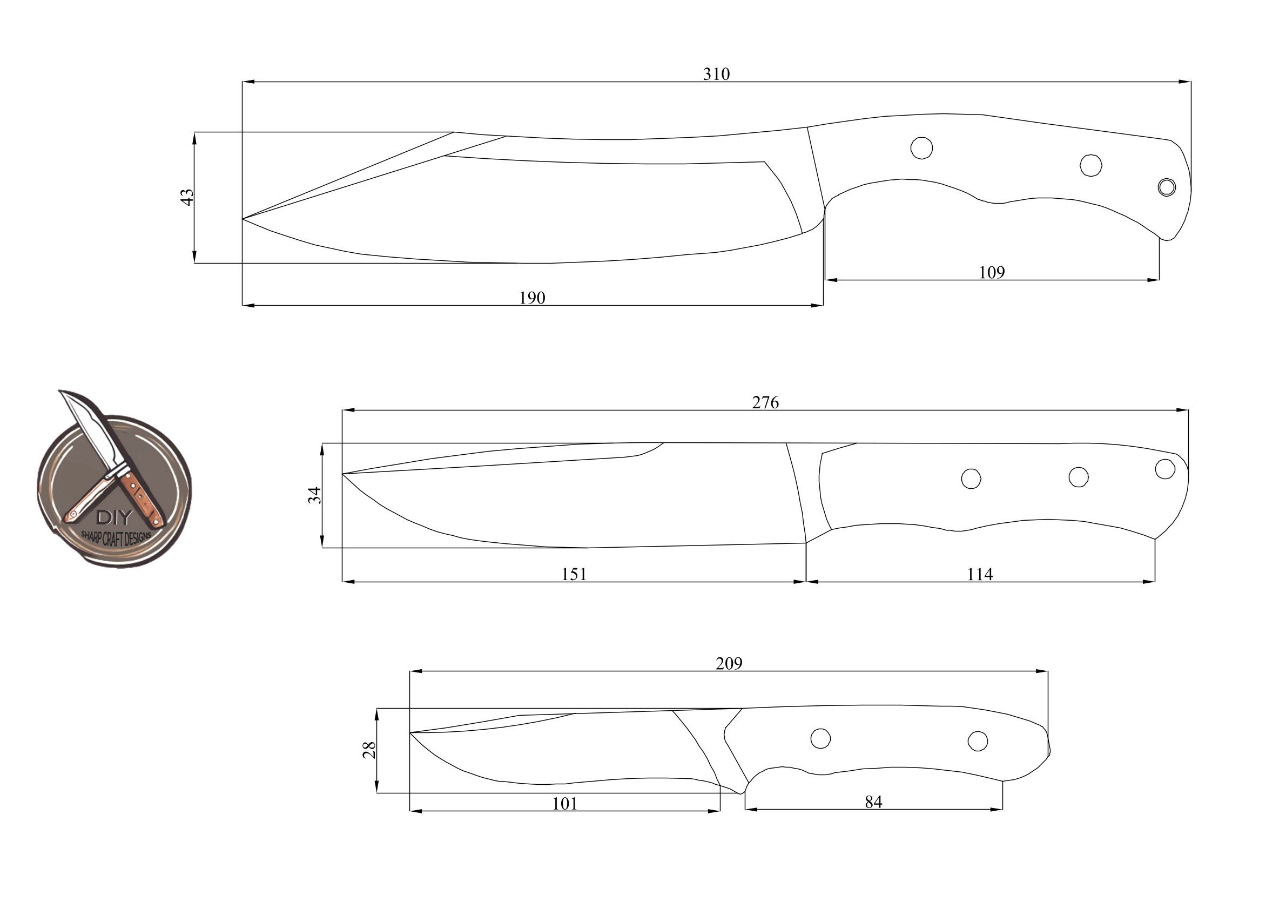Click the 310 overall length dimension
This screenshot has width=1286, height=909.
coord(716,75)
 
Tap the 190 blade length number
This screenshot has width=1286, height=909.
coord(532,298)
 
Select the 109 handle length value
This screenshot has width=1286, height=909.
coord(992,273)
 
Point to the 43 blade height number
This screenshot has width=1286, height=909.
coord(187,197)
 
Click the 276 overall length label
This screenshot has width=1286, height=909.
coord(765,403)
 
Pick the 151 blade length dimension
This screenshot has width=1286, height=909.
coord(574,574)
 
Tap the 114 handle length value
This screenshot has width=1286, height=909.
coord(980,574)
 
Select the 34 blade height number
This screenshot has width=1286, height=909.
coord(315,495)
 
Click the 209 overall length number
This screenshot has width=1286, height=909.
coord(729,664)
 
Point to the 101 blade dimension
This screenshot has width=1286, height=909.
coord(564,804)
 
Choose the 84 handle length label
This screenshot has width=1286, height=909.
coord(873,803)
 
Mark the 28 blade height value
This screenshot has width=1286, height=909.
coord(369,750)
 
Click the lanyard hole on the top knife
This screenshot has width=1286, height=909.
coord(1167,187)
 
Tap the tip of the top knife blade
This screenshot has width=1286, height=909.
coord(243,218)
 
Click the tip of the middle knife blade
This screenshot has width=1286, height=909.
coord(343,474)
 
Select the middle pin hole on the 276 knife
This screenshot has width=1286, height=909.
coord(1078,476)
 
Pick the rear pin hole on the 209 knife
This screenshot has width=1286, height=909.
coord(978,741)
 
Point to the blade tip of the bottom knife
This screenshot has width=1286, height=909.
coord(410,732)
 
